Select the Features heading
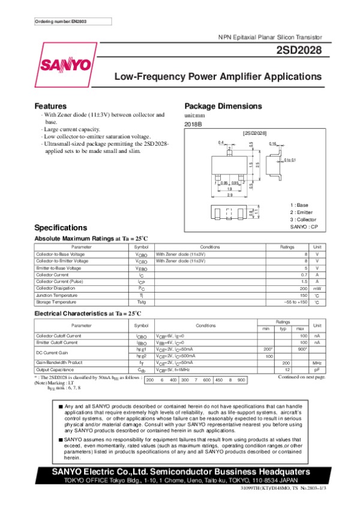coord(50,106)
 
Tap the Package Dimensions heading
coord(223,106)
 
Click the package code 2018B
coord(193,124)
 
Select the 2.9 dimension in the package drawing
coord(230,195)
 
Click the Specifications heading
coord(61,228)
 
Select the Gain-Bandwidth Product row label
coord(59,363)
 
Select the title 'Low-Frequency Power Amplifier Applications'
coord(217,77)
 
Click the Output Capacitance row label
coord(56,369)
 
